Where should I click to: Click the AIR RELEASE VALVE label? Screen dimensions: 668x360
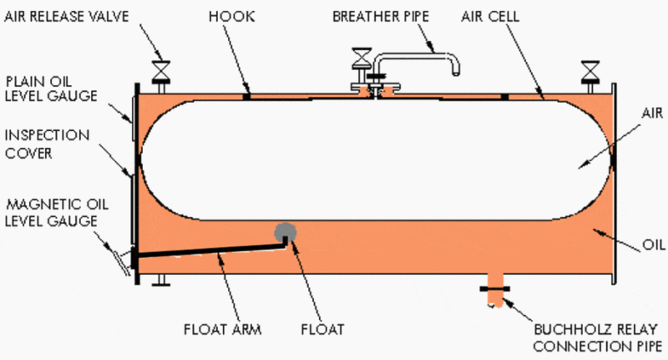tap(67, 17)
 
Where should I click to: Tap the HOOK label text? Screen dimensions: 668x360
tap(232, 17)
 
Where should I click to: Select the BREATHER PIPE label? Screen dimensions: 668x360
tap(381, 17)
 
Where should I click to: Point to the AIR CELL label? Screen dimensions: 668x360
tap(490, 17)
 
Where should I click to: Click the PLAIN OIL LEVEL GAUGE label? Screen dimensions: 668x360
tap(51, 89)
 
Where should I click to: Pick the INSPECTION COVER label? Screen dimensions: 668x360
tap(47, 144)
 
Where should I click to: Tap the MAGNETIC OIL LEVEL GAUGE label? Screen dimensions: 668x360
tap(57, 213)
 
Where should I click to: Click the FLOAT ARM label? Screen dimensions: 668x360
tap(222, 329)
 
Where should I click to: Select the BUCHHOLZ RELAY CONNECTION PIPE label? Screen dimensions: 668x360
tap(597, 337)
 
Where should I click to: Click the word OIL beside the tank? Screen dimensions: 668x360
tap(654, 245)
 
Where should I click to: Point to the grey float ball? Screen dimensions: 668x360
tap(285, 232)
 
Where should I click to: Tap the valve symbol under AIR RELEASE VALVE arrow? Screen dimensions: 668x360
tap(161, 72)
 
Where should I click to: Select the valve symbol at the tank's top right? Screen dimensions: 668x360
tap(590, 71)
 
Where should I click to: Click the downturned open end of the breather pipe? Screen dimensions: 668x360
tap(455, 73)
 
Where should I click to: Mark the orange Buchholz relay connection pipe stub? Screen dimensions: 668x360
tap(495, 290)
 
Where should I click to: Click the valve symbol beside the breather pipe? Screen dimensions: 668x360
tap(362, 58)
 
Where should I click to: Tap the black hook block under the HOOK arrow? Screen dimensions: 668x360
tap(246, 97)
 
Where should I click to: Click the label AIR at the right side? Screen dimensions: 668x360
tap(652, 113)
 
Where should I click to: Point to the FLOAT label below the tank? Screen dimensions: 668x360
tap(322, 329)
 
